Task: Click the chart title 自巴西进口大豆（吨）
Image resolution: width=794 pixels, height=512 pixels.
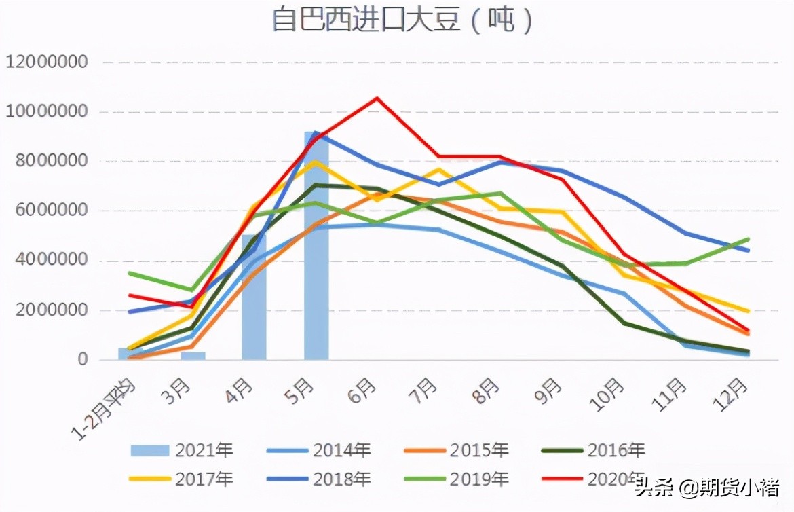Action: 403,21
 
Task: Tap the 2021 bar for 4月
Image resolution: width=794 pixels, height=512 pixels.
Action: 254,299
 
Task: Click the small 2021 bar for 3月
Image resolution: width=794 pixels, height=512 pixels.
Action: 193,355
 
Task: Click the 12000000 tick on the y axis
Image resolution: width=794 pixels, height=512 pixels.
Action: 47,62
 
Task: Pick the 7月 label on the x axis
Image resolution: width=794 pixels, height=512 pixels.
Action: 425,392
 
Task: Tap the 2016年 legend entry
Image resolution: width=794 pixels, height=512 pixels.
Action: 594,450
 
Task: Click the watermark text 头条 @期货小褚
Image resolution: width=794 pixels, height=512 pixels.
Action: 705,487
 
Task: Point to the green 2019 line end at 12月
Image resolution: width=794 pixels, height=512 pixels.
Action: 749,239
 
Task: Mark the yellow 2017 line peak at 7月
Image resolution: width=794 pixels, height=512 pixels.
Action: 440,170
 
